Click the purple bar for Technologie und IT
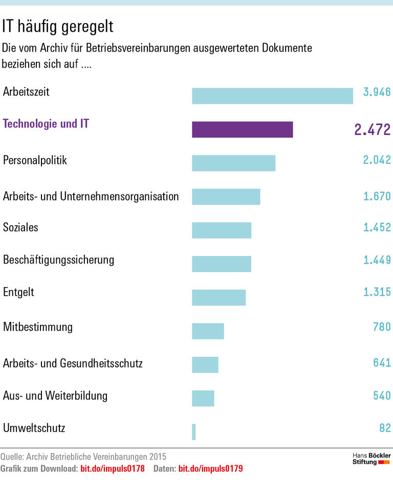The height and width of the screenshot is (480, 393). tap(242, 129)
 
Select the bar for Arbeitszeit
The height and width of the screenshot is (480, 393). tap(272, 96)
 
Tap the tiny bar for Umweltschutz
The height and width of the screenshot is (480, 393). tap(194, 431)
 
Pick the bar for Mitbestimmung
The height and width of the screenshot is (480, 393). tap(208, 331)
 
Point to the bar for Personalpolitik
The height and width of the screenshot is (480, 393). tap(233, 163)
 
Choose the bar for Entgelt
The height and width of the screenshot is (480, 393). tap(219, 297)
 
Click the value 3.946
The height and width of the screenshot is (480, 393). tap(377, 92)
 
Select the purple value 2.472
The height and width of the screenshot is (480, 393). tap(372, 129)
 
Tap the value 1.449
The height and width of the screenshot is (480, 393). tap(377, 260)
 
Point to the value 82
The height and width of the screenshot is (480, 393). tap(385, 428)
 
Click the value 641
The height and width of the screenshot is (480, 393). tap(382, 363)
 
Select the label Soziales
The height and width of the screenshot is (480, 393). tap(20, 227)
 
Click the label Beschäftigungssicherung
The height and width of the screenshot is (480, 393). tap(58, 259)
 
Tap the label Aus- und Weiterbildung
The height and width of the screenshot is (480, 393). tap(55, 396)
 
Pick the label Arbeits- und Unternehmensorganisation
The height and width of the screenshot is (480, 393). tap(91, 196)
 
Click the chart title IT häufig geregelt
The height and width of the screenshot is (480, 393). tap(58, 25)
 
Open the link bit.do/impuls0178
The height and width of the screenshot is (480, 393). tap(113, 468)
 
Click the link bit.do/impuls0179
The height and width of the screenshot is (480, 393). tap(210, 468)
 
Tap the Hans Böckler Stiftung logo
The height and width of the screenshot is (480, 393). tap(372, 459)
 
